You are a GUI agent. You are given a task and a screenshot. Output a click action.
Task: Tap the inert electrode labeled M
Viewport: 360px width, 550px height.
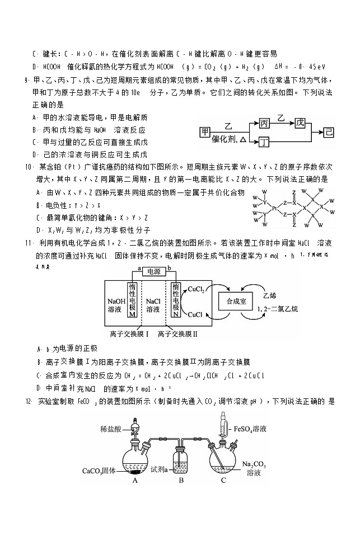click(x=133, y=300)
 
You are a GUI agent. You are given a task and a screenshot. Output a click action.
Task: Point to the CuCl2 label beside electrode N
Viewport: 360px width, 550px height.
click(x=195, y=290)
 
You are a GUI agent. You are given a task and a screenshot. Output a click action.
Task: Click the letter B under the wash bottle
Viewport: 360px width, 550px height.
click(x=181, y=480)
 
